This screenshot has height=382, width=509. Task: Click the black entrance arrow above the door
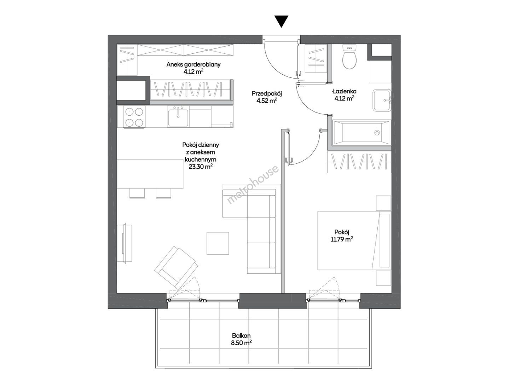pyautogui.click(x=281, y=21)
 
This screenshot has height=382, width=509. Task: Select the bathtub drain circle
pyautogui.click(x=377, y=133)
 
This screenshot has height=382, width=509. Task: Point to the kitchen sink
pyautogui.click(x=178, y=117)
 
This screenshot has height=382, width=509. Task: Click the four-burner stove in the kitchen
pyautogui.click(x=134, y=117)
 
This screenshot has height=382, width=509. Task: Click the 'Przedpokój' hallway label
pyautogui.click(x=267, y=94)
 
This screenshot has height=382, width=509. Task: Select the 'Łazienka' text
pyautogui.click(x=344, y=91)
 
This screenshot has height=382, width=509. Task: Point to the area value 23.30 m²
pyautogui.click(x=201, y=167)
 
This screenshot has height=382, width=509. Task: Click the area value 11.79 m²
pyautogui.click(x=342, y=239)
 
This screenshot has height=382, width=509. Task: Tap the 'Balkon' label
pyautogui.click(x=241, y=335)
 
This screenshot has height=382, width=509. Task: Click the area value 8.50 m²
pyautogui.click(x=241, y=342)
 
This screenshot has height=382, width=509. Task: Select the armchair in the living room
pyautogui.click(x=176, y=267)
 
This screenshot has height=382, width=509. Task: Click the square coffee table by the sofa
pyautogui.click(x=218, y=243)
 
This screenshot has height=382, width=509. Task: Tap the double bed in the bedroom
pyautogui.click(x=354, y=241)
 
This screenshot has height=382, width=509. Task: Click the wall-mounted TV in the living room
pyautogui.click(x=125, y=243)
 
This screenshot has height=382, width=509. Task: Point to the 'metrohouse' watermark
pyautogui.click(x=253, y=185)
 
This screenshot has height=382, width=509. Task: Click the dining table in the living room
pyautogui.click(x=150, y=174)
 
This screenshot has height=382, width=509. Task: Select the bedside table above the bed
pyautogui.click(x=383, y=203)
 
